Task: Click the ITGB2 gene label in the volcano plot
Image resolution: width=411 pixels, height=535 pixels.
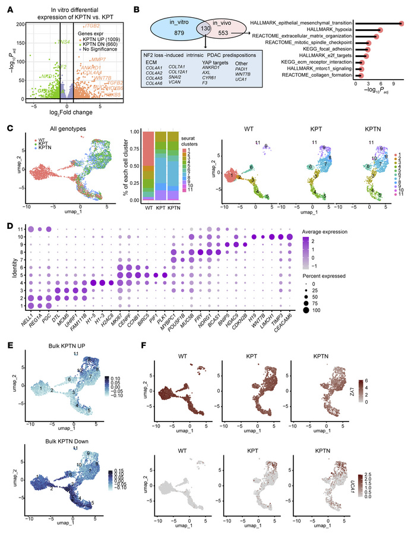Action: click(92, 27)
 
